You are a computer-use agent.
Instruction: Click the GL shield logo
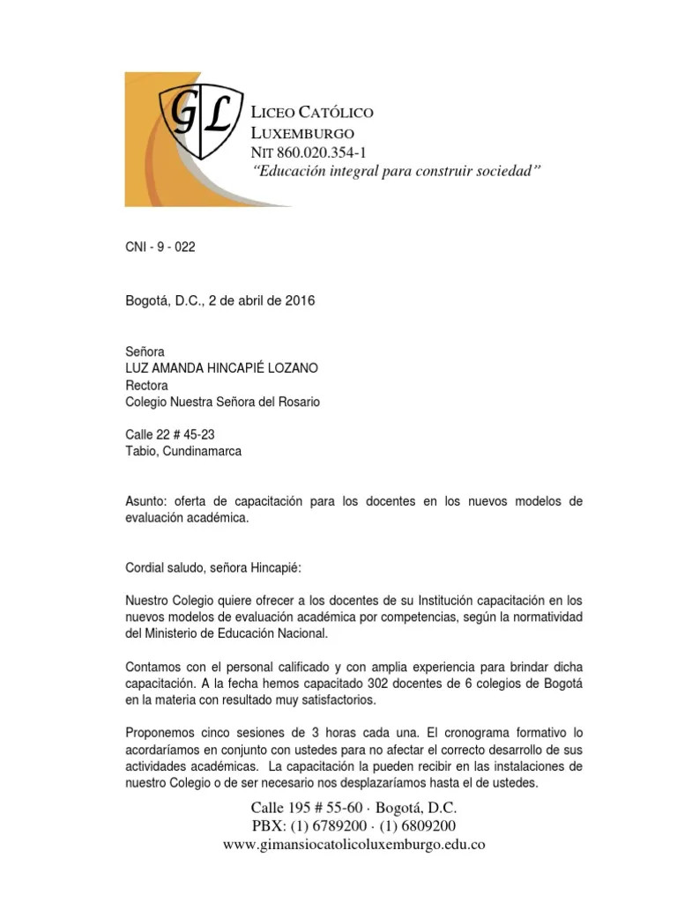(x=199, y=120)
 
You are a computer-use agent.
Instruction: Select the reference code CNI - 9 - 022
(x=160, y=248)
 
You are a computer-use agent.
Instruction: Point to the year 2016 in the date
(x=300, y=300)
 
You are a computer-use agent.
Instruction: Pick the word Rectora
(x=148, y=385)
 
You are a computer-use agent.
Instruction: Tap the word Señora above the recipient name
(x=146, y=351)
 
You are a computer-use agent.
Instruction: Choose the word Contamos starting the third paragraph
(x=155, y=667)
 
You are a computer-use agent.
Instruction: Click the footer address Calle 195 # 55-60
(x=305, y=808)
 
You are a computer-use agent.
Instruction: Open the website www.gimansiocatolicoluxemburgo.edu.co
(x=354, y=845)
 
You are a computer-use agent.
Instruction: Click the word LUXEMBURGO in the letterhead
(x=303, y=134)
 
